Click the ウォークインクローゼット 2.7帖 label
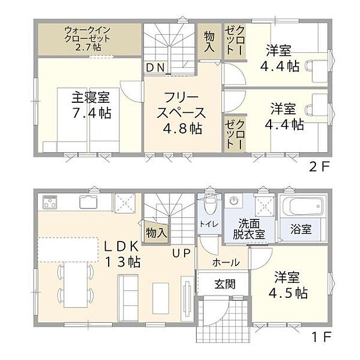(x=89, y=38)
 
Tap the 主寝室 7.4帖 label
(x=91, y=103)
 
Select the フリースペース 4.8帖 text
(x=182, y=113)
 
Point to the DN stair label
(x=155, y=68)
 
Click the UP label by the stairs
(x=178, y=253)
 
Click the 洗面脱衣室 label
(x=250, y=229)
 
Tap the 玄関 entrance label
(x=224, y=285)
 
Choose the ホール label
(x=225, y=262)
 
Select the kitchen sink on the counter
(x=89, y=203)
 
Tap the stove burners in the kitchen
(x=50, y=203)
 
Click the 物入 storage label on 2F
(x=210, y=42)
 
